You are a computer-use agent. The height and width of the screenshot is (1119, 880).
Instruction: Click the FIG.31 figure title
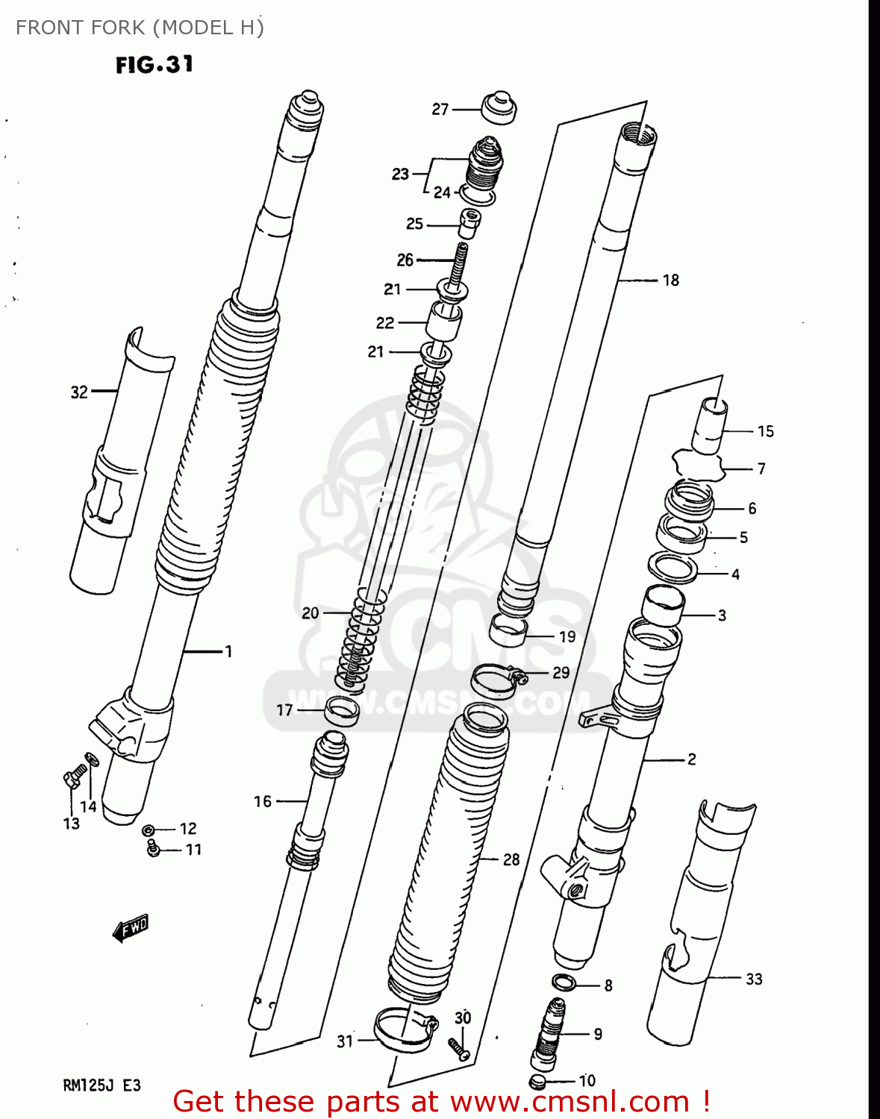click(x=155, y=65)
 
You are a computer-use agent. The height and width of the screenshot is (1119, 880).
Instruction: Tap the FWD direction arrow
click(x=131, y=928)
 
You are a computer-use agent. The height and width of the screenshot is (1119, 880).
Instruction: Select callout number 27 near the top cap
click(x=440, y=109)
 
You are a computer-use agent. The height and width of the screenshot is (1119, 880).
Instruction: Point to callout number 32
click(x=79, y=392)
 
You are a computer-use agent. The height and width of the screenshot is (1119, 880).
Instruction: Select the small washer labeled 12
click(x=149, y=830)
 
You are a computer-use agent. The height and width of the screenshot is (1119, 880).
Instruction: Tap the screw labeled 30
click(x=458, y=1049)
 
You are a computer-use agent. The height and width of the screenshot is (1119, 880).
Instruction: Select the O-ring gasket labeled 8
click(x=564, y=982)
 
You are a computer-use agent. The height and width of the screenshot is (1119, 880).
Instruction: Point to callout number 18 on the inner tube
click(x=670, y=280)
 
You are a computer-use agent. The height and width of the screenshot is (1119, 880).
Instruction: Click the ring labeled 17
click(x=342, y=712)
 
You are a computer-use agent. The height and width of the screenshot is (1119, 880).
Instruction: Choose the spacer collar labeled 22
click(x=443, y=321)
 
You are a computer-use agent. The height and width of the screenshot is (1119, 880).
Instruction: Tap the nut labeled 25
click(x=468, y=223)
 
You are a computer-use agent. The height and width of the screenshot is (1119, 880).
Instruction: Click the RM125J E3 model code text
click(x=102, y=1085)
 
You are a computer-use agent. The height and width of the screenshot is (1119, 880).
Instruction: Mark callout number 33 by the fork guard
click(x=754, y=979)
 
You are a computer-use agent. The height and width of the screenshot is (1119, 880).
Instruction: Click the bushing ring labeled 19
click(x=508, y=632)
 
